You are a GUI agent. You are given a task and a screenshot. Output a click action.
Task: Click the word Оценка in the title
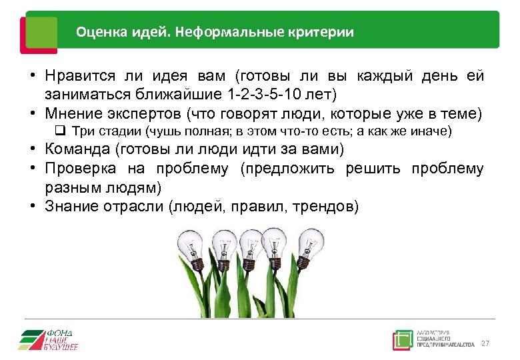point(95,31)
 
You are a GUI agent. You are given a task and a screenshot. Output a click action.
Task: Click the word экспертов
point(141,113)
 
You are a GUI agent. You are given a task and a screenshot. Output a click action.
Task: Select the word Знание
point(69,207)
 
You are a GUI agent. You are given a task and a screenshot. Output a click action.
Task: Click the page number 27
point(485,343)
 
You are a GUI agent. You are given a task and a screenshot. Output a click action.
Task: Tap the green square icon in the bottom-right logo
point(402,339)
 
